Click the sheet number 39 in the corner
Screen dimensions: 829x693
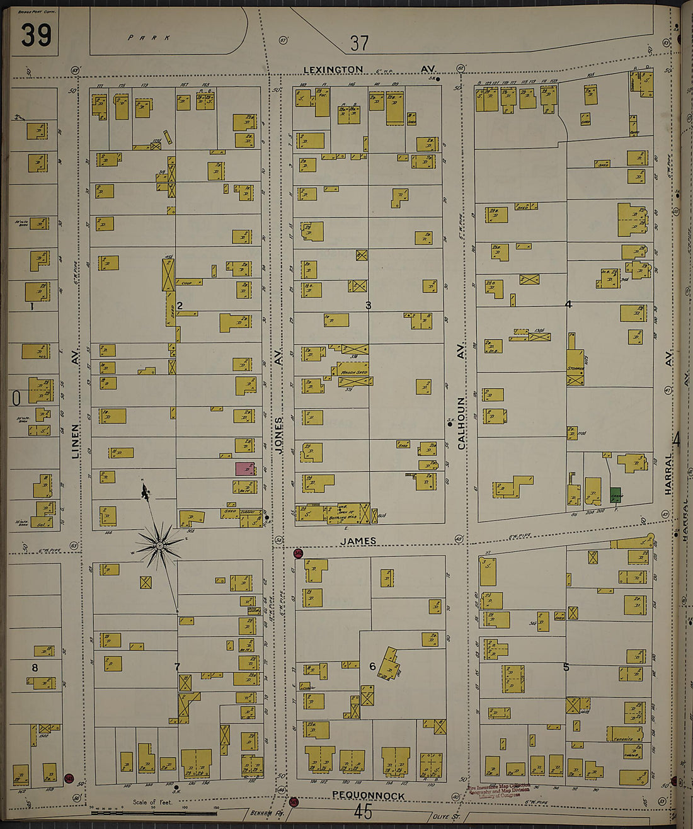pos(35,35)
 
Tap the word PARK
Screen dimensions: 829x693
pos(149,38)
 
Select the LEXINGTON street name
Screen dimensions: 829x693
pos(333,70)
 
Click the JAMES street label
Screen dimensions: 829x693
pos(358,541)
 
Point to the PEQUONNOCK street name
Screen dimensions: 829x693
pos(369,796)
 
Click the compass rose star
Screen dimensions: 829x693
pos(160,545)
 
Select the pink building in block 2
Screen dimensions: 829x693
pos(244,469)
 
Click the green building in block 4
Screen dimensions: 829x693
pos(616,495)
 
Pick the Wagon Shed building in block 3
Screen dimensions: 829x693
pos(354,371)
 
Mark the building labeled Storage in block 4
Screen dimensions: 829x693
pos(575,368)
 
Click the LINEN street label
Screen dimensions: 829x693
pos(76,441)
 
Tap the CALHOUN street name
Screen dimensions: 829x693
pos(461,423)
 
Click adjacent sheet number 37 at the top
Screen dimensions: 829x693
pos(359,43)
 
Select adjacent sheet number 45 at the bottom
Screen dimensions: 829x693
pos(363,811)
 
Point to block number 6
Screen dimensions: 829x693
pos(372,666)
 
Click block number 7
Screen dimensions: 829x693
pos(177,667)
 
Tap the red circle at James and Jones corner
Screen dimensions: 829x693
pos(299,553)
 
